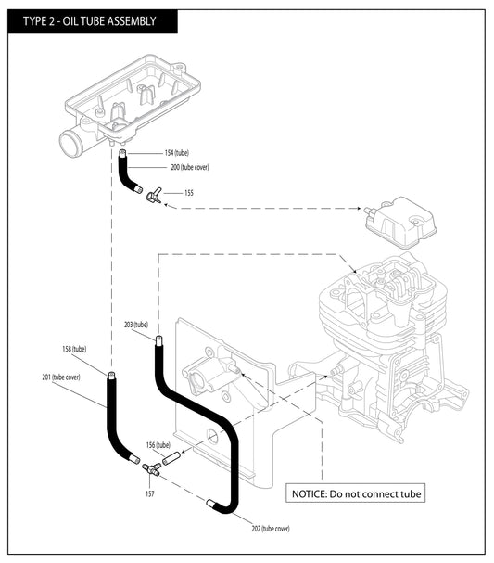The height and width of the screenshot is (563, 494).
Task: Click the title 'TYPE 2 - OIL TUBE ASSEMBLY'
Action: (x=82, y=20)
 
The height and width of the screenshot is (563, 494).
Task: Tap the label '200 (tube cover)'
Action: (x=190, y=168)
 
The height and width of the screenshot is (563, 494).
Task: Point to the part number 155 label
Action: (x=189, y=193)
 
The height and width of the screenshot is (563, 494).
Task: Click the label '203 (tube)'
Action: (x=135, y=325)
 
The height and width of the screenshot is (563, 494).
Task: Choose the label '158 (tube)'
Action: (x=74, y=349)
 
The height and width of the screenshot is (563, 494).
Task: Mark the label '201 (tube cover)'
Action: (x=60, y=377)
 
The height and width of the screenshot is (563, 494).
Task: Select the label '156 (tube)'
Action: (x=158, y=445)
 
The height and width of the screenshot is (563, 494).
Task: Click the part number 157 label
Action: (x=149, y=493)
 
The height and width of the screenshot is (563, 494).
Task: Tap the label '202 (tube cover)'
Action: (x=271, y=528)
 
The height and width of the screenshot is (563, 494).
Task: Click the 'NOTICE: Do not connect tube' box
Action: (x=356, y=493)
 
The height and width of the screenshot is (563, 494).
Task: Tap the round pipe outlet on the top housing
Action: (x=70, y=145)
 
